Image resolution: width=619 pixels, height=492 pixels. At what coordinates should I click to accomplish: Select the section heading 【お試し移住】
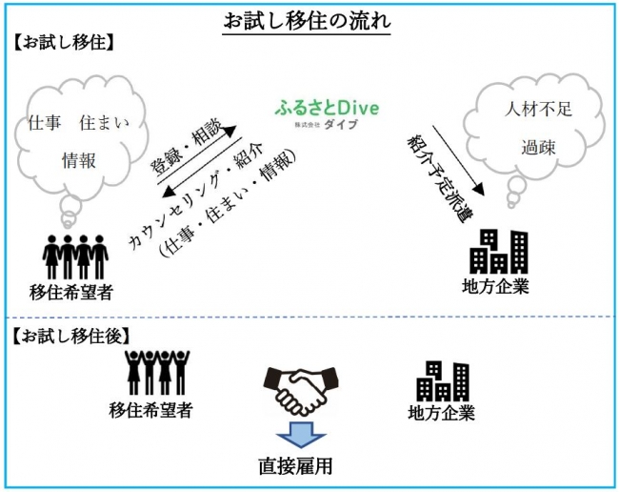click(x=65, y=42)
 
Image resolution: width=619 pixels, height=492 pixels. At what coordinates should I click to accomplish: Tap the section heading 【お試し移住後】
click(x=72, y=335)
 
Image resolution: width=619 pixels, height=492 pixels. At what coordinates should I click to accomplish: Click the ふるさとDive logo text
click(x=327, y=109)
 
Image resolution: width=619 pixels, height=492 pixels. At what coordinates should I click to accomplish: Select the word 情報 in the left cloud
click(x=77, y=159)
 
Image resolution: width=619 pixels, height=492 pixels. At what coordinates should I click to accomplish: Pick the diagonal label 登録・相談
click(x=188, y=144)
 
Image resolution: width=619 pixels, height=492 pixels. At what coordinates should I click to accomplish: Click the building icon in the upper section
click(x=500, y=252)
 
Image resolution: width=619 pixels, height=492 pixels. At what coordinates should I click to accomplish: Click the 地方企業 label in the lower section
click(x=441, y=413)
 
